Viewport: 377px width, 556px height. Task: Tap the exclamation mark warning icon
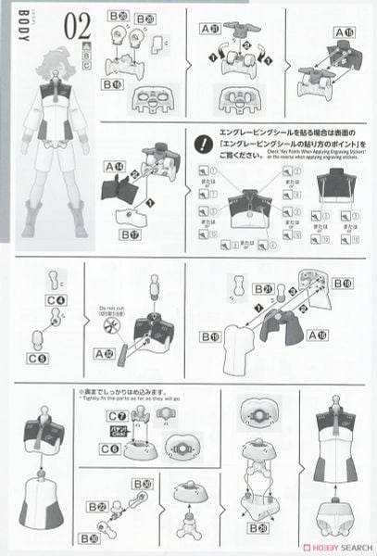tap(203, 143)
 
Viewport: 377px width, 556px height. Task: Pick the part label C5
tap(37, 358)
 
